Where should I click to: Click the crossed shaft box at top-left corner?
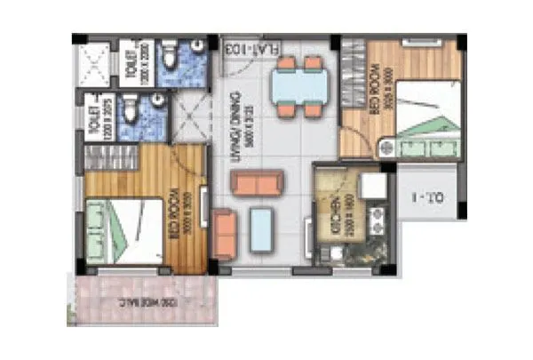95,63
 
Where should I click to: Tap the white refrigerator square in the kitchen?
372,185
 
